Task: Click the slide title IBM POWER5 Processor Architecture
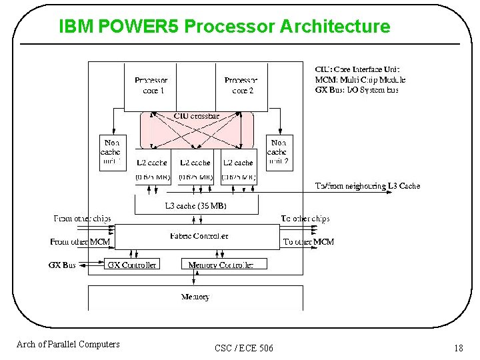click(224, 26)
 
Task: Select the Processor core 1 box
click(150, 86)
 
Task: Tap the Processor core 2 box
click(241, 86)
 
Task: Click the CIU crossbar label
click(196, 116)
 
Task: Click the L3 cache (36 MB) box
click(195, 206)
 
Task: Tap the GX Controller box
click(132, 265)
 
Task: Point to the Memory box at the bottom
click(195, 297)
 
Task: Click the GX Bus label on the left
click(63, 265)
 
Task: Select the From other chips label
click(82, 219)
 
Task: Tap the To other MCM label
click(308, 241)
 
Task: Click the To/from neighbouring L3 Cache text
click(367, 186)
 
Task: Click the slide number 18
click(458, 347)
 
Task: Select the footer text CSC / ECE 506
click(244, 348)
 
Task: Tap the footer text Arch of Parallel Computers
click(68, 344)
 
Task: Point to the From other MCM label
click(80, 241)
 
